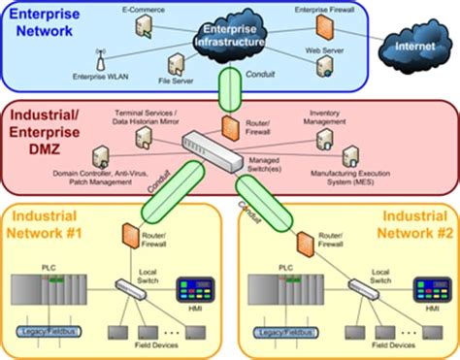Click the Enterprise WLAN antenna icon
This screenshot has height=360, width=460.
coord(100,56)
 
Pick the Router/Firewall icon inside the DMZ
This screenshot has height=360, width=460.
coord(230,127)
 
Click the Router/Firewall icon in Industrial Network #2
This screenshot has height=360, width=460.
coord(303,238)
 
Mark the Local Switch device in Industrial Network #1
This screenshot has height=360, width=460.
coord(127,287)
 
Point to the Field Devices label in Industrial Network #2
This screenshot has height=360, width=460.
coord(393,344)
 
